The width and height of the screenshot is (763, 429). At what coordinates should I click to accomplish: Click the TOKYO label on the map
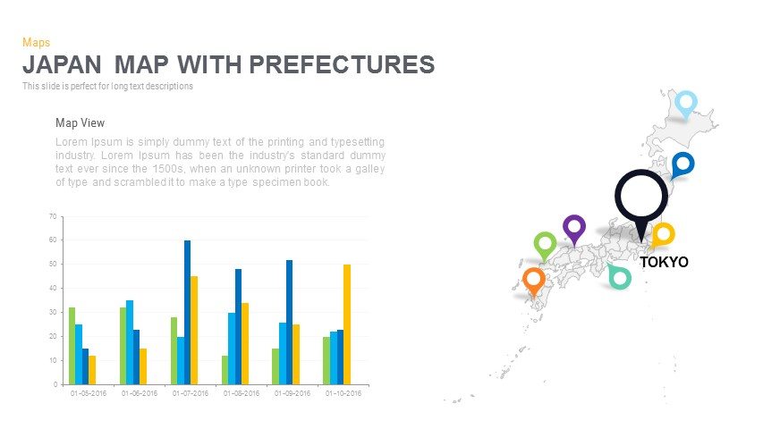664,263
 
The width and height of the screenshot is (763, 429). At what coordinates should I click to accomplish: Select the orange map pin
534,280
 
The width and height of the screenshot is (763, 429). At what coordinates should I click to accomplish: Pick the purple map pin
573,228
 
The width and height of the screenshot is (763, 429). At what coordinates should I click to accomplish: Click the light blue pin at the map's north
685,104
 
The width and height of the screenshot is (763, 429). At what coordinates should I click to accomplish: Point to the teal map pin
619,277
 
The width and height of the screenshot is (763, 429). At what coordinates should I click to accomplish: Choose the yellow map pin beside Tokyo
663,235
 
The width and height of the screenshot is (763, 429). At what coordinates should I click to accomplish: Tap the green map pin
545,244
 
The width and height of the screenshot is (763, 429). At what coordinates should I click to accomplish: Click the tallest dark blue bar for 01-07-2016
188,312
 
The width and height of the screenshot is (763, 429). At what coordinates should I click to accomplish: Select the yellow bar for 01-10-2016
347,324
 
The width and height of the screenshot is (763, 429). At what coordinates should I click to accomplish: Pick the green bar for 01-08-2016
225,369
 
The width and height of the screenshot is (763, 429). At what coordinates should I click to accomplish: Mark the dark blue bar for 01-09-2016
290,322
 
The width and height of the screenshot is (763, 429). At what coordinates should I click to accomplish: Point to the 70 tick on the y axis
53,216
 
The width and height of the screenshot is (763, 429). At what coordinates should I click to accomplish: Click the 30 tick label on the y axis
53,312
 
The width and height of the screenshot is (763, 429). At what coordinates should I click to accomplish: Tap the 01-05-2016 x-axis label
88,393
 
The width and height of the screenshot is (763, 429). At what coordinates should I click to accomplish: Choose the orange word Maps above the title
36,42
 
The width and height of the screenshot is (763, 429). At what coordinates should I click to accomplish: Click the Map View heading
80,123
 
